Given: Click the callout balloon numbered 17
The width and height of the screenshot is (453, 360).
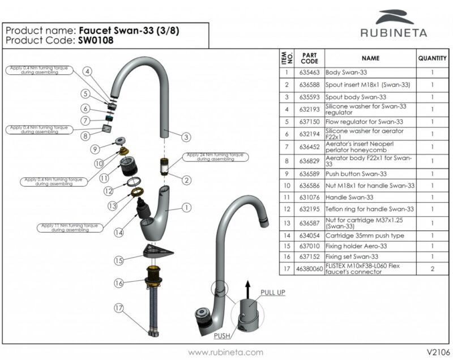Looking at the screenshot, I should (x=118, y=309).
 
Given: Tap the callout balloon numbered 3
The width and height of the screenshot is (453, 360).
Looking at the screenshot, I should (x=186, y=137).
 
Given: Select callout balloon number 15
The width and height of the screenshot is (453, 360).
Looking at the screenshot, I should (x=118, y=261).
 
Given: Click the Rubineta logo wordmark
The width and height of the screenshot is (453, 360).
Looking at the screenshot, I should (x=394, y=32).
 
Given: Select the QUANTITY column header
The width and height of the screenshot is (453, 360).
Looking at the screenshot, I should (x=433, y=58).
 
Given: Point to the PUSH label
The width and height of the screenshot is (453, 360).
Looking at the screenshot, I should (x=223, y=336).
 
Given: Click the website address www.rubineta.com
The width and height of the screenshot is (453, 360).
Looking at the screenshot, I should (x=225, y=352).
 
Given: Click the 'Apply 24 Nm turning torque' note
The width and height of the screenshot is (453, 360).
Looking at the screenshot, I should (x=215, y=157).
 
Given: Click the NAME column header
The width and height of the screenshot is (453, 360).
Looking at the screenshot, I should (x=370, y=58).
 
